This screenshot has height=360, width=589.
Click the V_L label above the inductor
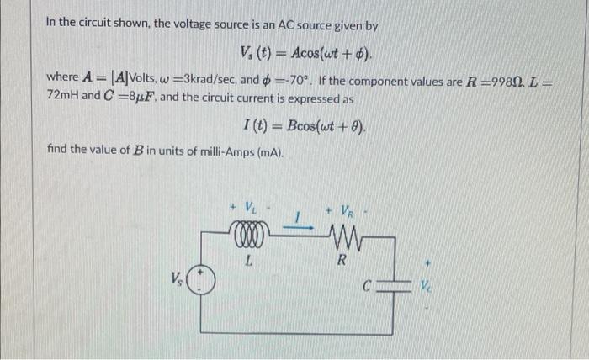coord(250,206)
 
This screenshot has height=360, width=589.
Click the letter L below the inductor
coord(250,260)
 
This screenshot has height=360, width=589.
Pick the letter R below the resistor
coord(341,260)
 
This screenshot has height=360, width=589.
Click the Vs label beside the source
coord(177,277)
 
